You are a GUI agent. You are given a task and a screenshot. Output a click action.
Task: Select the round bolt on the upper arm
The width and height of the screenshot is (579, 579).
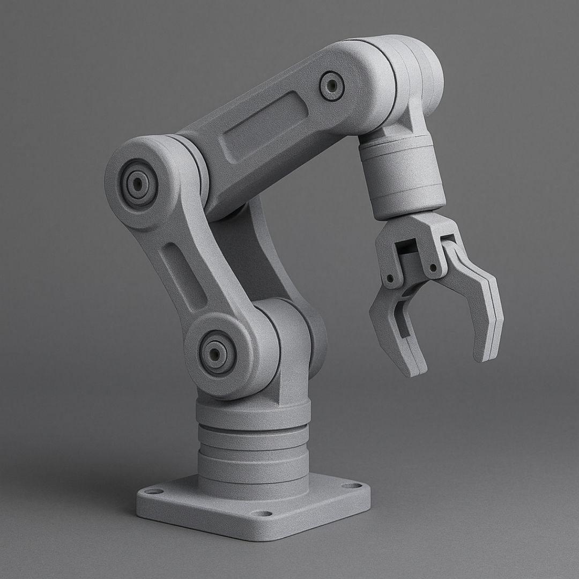click(331, 85)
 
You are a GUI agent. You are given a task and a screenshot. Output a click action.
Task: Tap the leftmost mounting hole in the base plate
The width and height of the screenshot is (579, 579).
click(154, 491)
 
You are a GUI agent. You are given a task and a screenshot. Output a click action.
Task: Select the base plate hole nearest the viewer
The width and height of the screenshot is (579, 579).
click(261, 514)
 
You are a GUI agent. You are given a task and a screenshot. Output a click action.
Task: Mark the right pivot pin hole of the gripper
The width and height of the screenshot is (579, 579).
click(432, 266)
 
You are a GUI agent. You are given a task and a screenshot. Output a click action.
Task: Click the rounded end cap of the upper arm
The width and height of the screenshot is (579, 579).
click(418, 70)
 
